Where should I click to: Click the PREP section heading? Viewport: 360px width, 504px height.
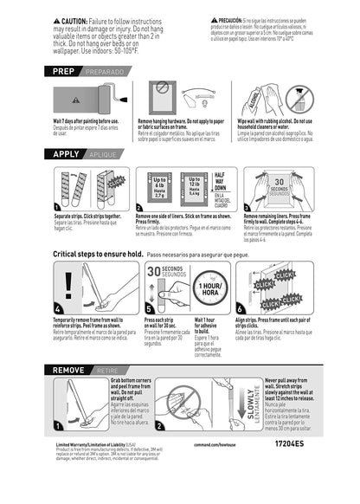click(x=70, y=72)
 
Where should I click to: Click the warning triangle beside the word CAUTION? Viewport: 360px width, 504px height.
click(x=56, y=18)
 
